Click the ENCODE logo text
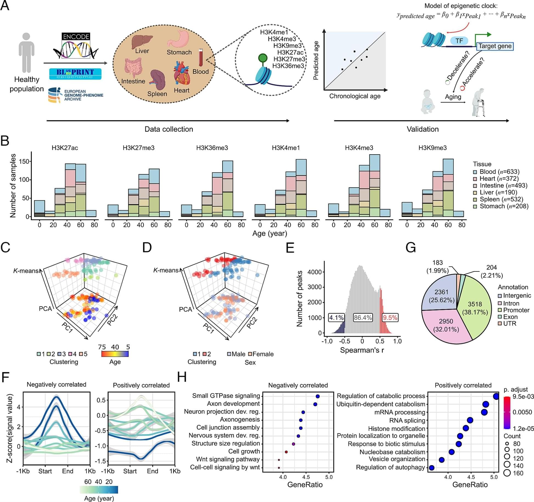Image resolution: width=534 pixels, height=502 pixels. point(76,37)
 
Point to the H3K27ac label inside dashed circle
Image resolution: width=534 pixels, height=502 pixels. point(290,52)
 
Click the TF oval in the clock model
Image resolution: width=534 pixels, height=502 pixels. point(459,41)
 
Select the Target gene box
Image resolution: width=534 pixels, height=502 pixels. point(495,46)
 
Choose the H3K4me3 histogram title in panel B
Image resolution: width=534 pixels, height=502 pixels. point(359,148)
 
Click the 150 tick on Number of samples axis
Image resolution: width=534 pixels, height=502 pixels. point(24,161)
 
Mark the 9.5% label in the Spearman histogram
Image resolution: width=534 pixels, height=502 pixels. point(390,318)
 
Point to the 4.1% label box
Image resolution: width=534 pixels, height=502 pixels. point(336,318)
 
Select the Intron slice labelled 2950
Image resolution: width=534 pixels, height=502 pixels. point(446,325)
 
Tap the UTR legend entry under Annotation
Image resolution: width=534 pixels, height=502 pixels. point(510,324)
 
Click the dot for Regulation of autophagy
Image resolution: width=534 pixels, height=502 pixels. point(431,468)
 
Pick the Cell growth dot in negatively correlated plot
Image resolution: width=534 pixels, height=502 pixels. point(286,452)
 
